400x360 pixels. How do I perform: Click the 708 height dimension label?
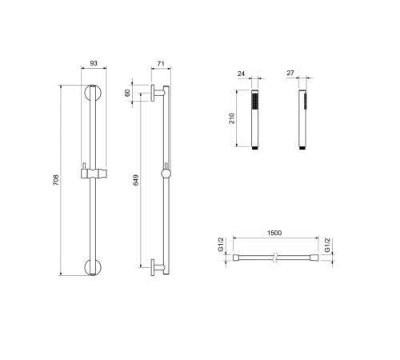point(56,180)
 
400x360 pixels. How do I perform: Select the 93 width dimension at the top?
point(94,63)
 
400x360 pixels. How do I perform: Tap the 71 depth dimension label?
point(161,63)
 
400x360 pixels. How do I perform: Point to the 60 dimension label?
point(127,93)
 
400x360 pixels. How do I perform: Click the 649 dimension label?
point(136,180)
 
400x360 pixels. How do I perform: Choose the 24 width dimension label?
point(241,74)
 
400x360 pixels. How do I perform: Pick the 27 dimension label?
point(290,73)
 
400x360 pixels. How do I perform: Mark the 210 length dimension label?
point(232,118)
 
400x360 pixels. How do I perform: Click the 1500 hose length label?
point(274,233)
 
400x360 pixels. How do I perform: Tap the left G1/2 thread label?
point(221,245)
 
